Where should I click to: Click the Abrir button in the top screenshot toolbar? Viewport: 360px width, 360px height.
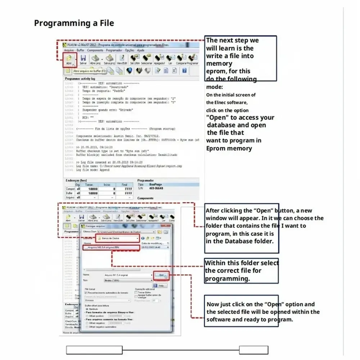pyautogui.click(x=69, y=60)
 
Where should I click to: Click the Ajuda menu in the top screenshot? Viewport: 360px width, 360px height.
pyautogui.click(x=141, y=50)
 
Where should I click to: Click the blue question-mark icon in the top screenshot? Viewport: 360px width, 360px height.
pyautogui.click(x=184, y=71)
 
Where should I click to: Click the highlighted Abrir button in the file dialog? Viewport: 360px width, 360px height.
pyautogui.click(x=161, y=275)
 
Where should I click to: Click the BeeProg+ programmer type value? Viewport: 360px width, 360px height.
pyautogui.click(x=156, y=184)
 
